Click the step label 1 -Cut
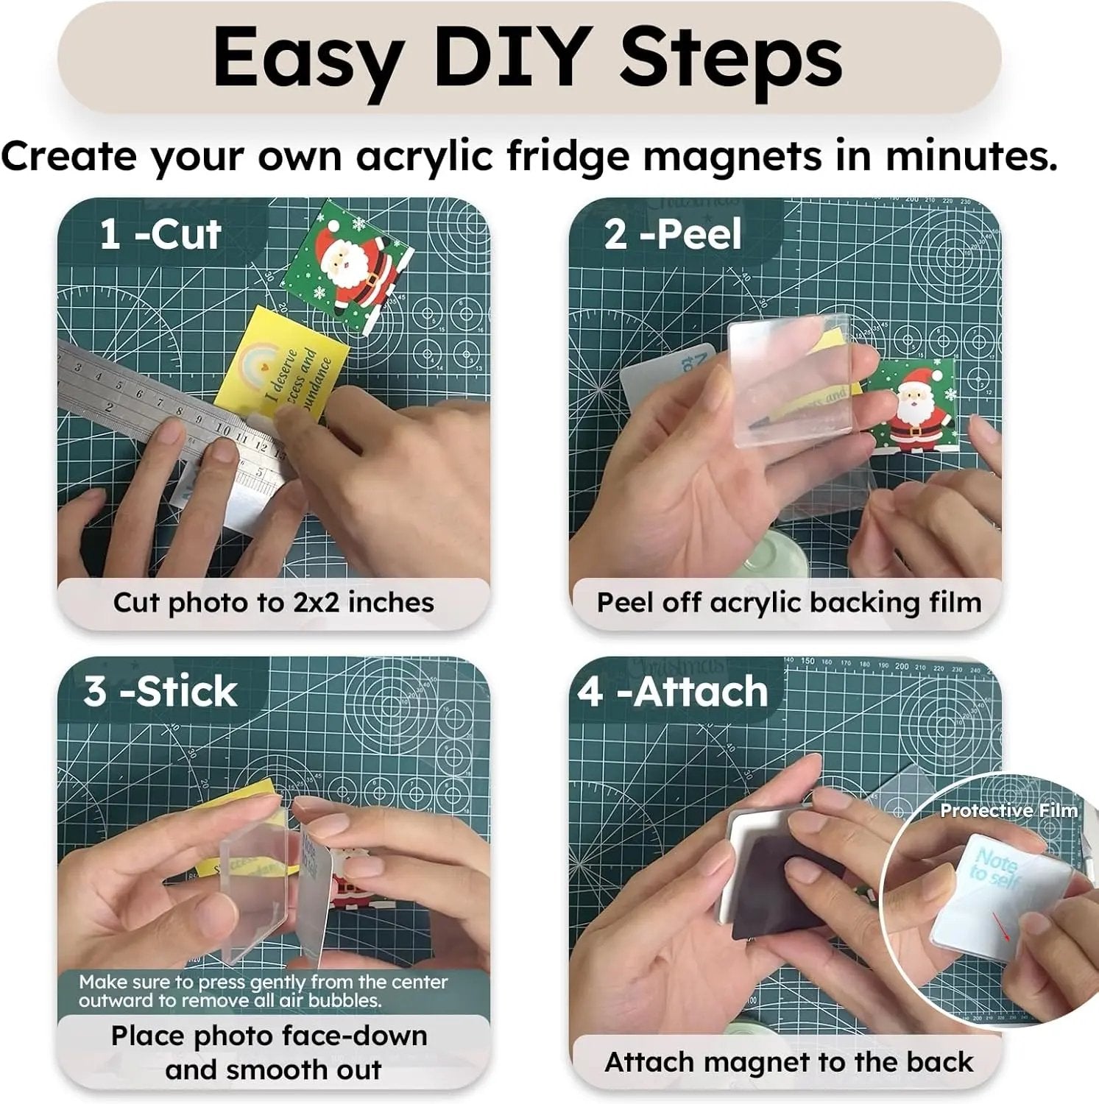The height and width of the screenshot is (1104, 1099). (x=160, y=234)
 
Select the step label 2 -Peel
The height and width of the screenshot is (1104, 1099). (x=673, y=234)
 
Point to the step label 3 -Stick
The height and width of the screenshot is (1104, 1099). (x=160, y=692)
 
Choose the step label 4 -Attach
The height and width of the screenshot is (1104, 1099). (x=673, y=692)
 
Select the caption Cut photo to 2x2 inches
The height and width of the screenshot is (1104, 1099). (x=273, y=603)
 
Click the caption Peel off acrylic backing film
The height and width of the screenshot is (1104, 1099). (x=788, y=603)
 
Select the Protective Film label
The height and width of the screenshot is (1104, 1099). (x=1008, y=810)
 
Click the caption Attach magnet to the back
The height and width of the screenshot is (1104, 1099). (x=788, y=1062)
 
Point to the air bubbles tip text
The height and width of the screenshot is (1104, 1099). (x=263, y=991)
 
